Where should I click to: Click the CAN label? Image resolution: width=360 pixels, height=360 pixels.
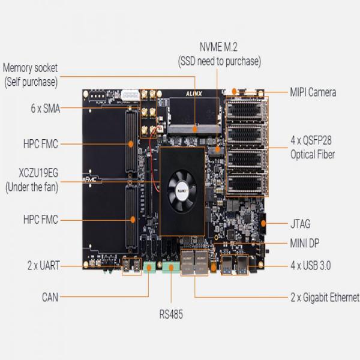pyautogui.click(x=50, y=296)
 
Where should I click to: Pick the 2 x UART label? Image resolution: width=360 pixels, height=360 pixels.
pyautogui.click(x=43, y=265)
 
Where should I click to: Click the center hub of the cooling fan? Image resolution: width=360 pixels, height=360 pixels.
pyautogui.click(x=182, y=184)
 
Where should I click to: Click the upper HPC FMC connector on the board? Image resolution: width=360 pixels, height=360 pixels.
pyautogui.click(x=131, y=144)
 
